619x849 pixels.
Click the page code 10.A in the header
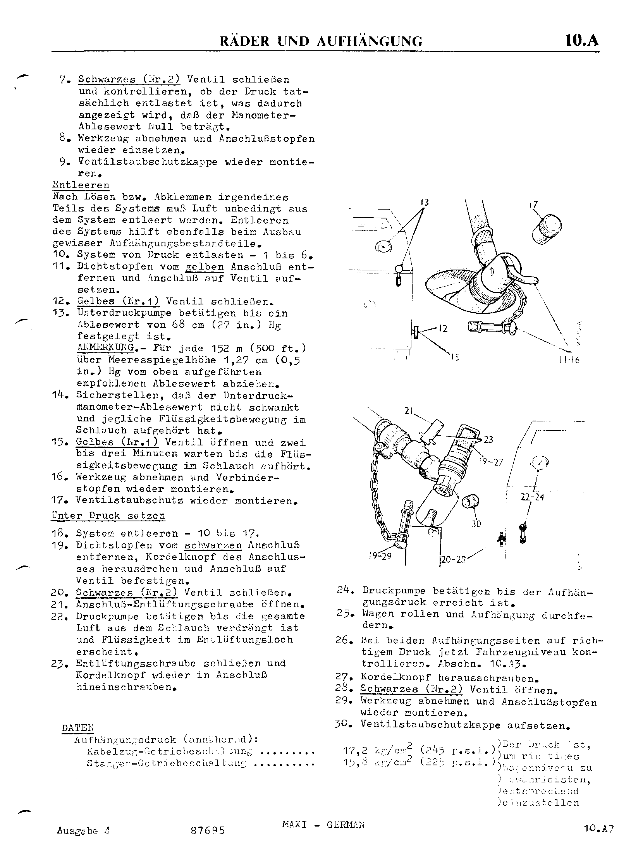pyautogui.click(x=582, y=40)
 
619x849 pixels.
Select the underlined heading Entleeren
pyautogui.click(x=81, y=185)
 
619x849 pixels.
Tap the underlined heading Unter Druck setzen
pyautogui.click(x=108, y=516)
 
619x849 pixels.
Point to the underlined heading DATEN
pyautogui.click(x=77, y=728)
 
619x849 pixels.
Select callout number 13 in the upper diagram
pyautogui.click(x=425, y=202)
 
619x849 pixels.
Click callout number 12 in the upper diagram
pyautogui.click(x=443, y=329)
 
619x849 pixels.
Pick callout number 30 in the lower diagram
pyautogui.click(x=476, y=524)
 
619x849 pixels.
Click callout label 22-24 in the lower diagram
pyautogui.click(x=532, y=497)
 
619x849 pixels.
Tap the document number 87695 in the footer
pyautogui.click(x=208, y=830)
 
